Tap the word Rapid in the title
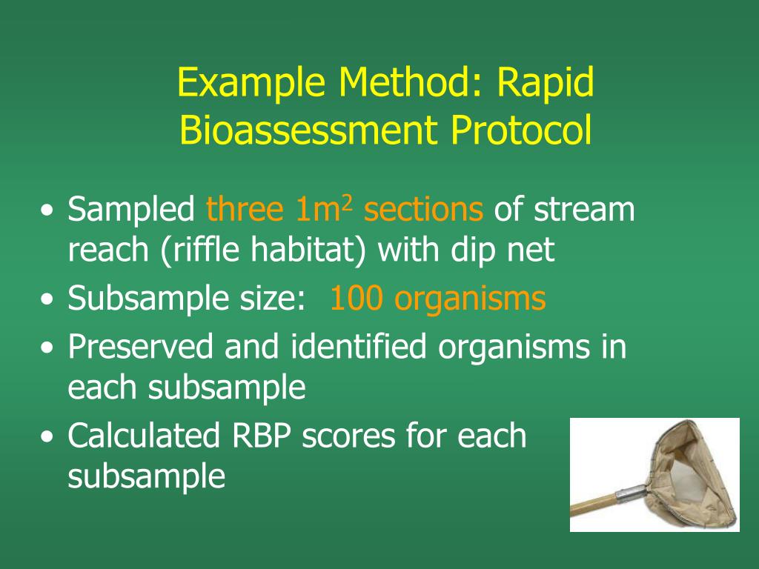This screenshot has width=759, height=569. coord(545,84)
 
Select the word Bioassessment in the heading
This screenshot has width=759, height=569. coord(302,132)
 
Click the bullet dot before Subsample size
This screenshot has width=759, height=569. coord(48,301)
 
